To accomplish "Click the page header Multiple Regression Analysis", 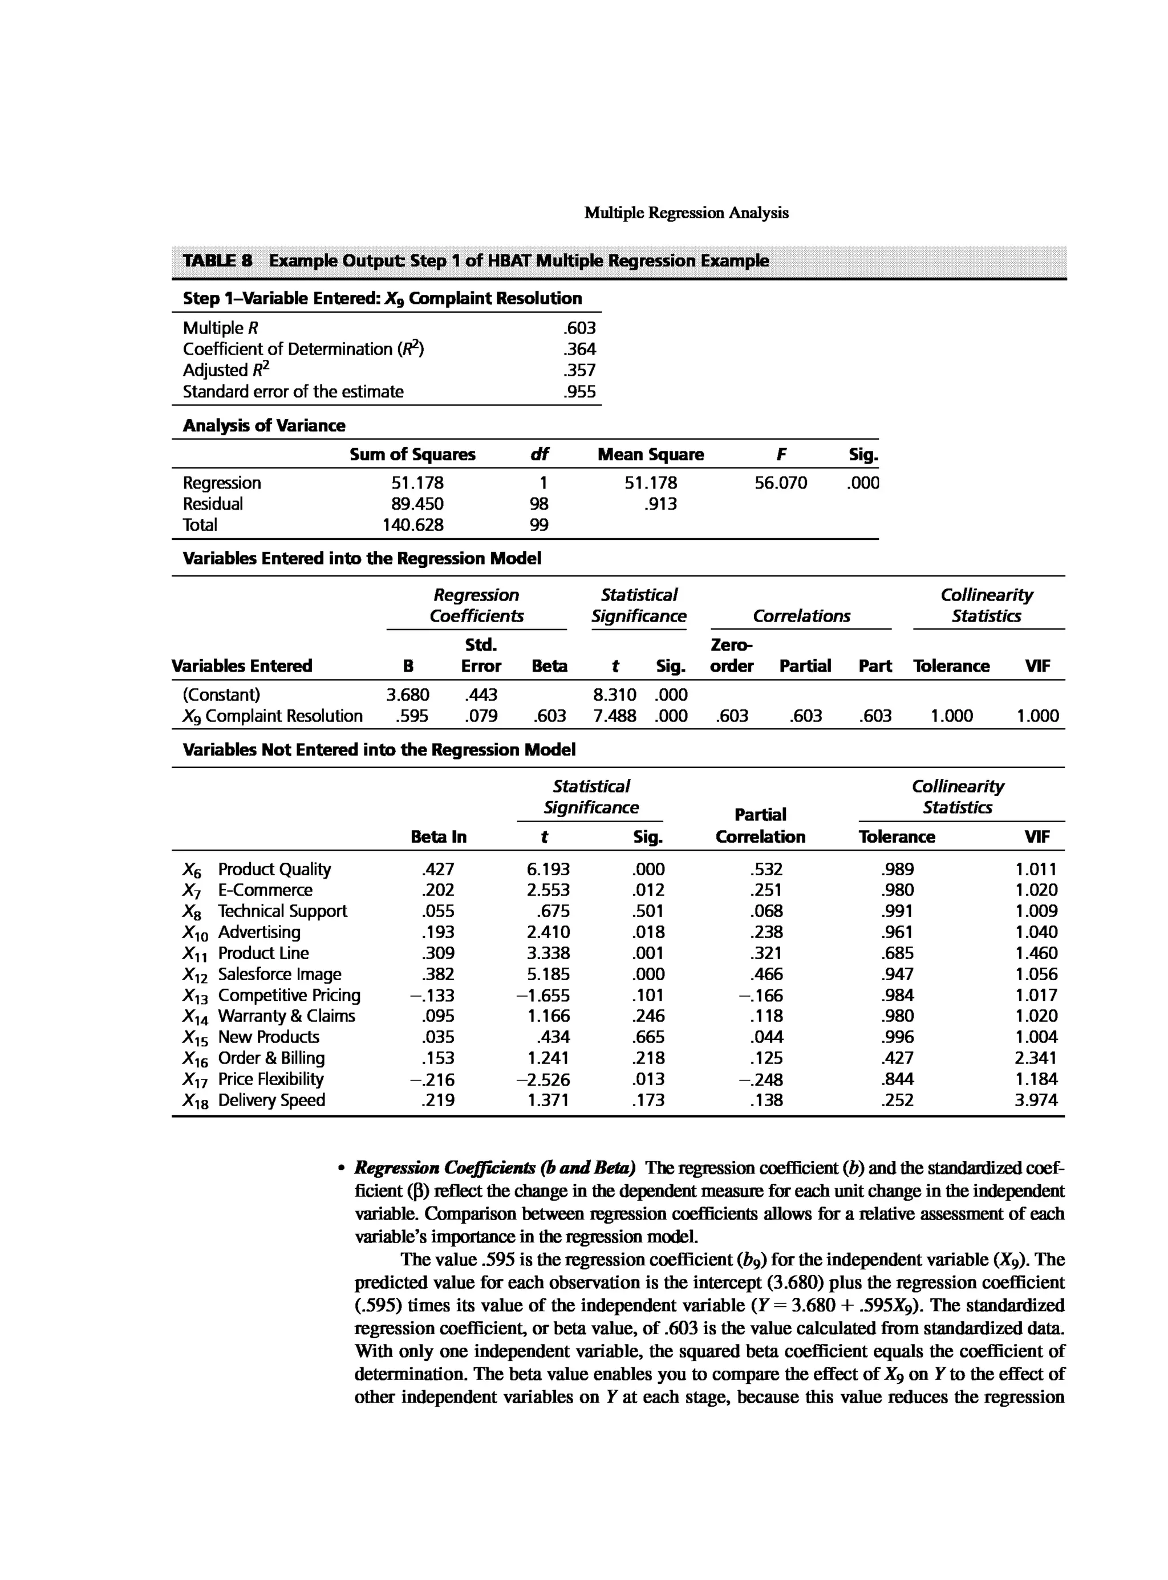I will coord(686,213).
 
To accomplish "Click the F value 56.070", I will coord(781,483).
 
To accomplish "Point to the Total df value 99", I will coord(539,525).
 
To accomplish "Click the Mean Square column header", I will coord(651,454).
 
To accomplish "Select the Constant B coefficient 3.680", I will coord(407,695).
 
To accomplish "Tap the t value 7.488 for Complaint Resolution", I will coord(614,716).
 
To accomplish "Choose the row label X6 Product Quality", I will coord(257,870).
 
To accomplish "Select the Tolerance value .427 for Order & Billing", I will coord(898,1058).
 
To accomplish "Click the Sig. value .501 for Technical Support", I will coord(648,911).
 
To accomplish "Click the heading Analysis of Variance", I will coord(263,425).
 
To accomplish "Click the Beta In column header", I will coord(439,837).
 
